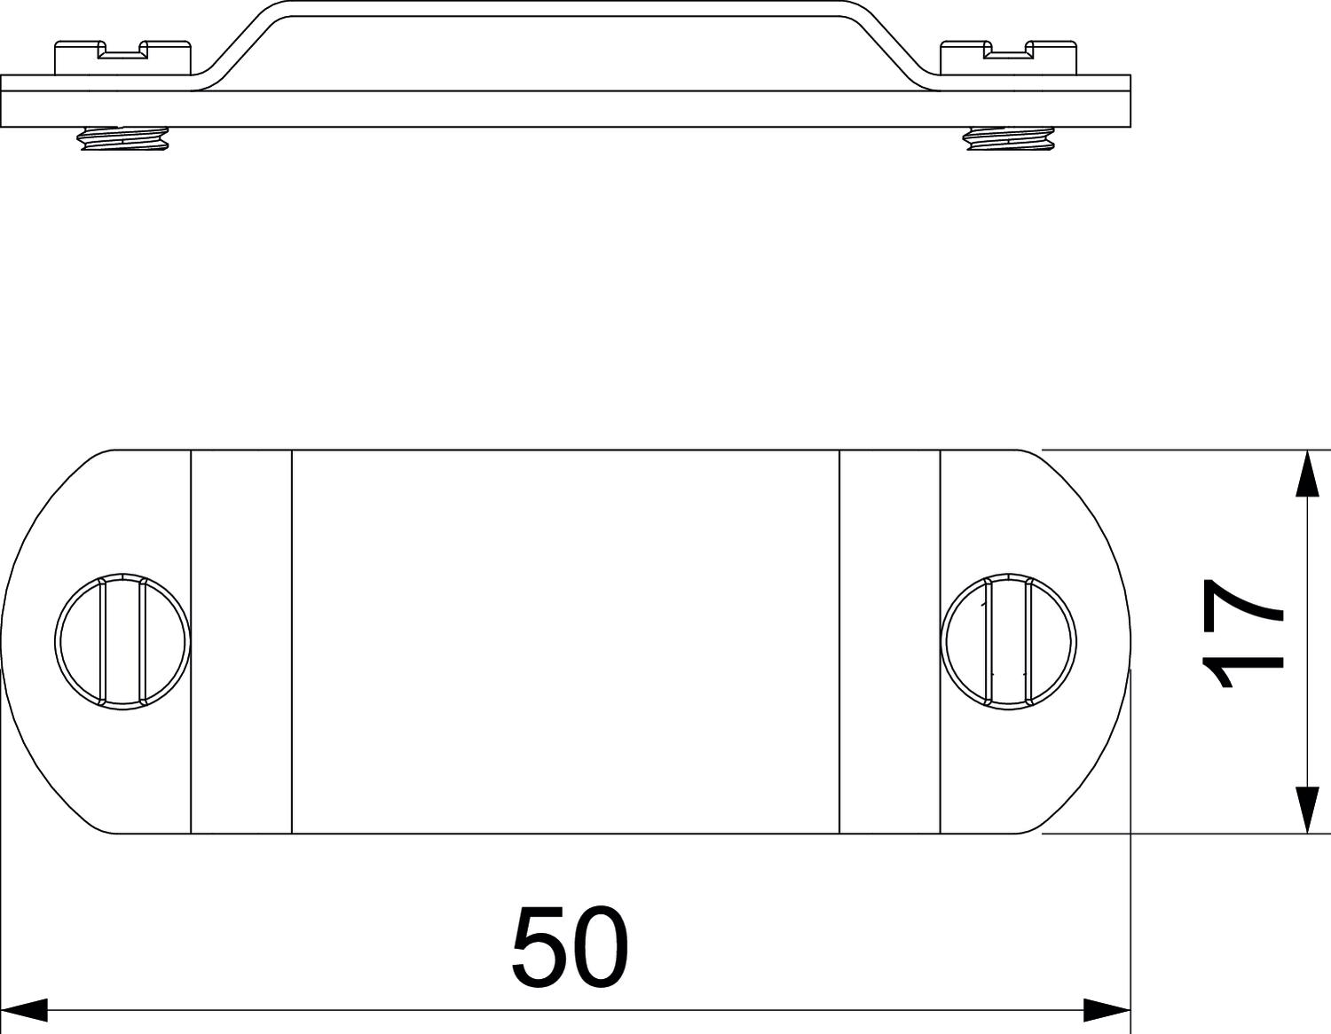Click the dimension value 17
(x=1243, y=633)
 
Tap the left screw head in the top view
(x=122, y=641)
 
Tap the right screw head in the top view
(x=1008, y=641)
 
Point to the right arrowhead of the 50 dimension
(x=1107, y=1010)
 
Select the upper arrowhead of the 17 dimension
(x=1308, y=474)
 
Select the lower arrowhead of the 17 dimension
(x=1308, y=810)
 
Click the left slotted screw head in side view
(x=122, y=59)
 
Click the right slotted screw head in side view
(x=1008, y=59)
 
